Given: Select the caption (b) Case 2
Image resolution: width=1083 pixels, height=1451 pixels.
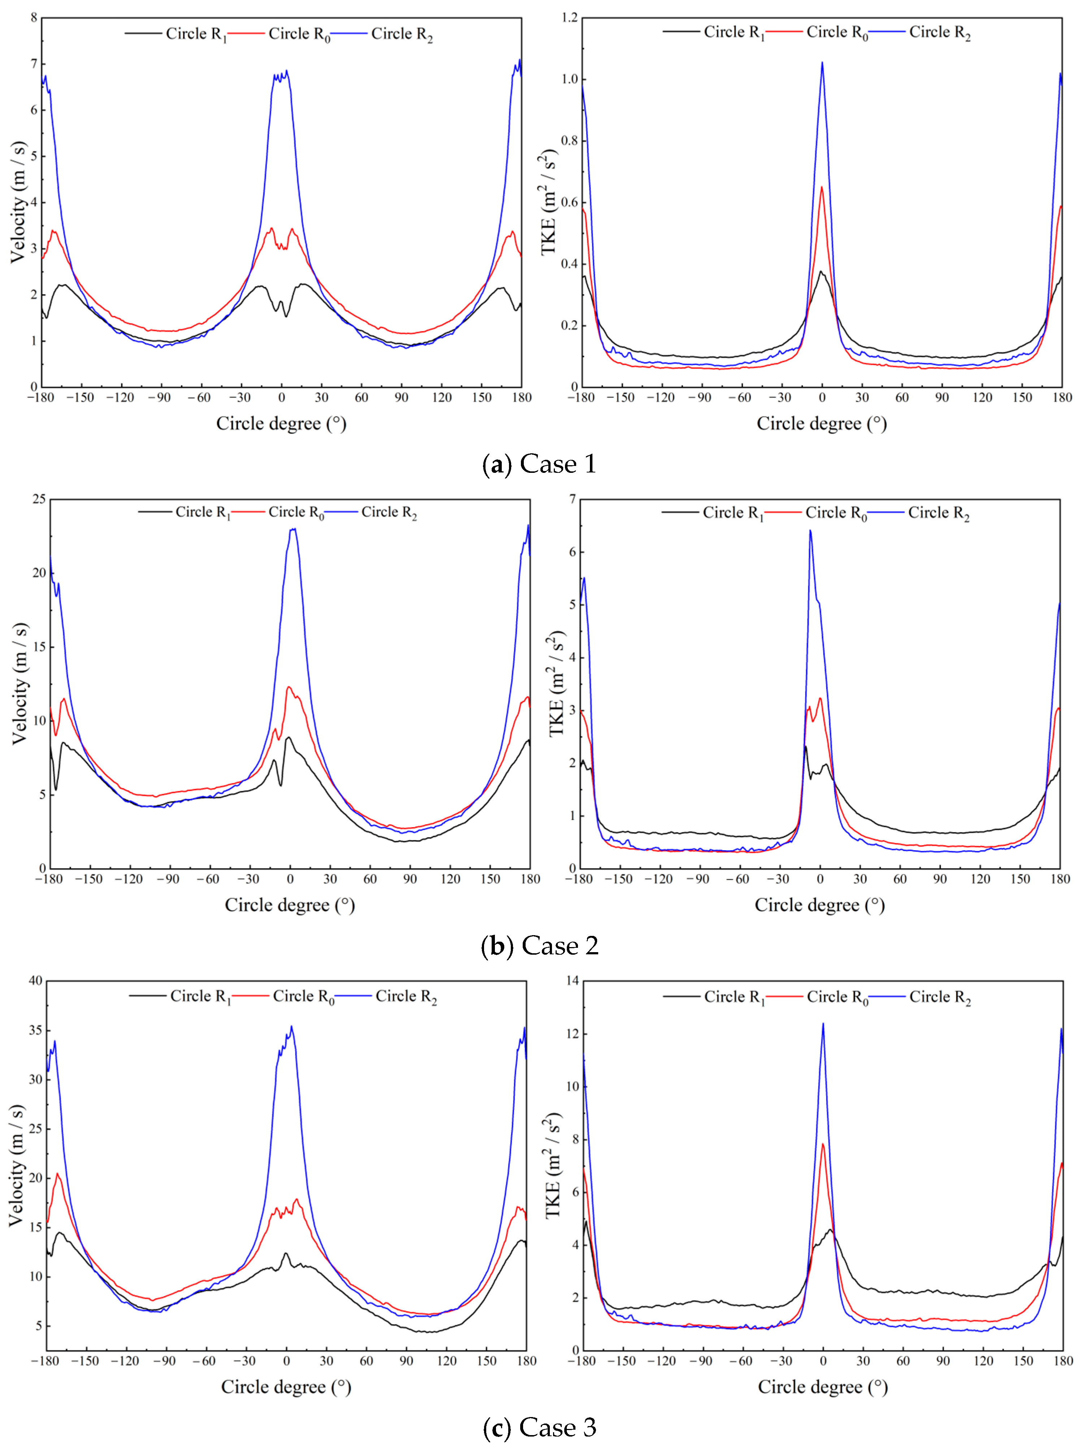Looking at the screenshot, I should point(540,945).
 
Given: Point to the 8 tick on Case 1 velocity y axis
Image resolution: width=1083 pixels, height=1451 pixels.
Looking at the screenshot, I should point(34,18).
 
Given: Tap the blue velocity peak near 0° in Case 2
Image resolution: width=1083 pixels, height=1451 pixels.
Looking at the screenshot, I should point(292,529).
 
